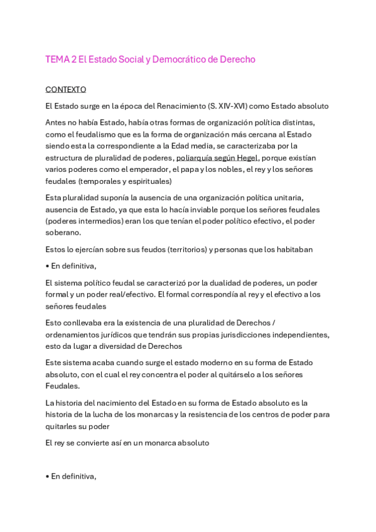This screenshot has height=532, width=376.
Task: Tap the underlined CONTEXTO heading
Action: click(66, 90)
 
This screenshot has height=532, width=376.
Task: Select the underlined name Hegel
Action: click(246, 157)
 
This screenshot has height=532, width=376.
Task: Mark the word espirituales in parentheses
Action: click(147, 181)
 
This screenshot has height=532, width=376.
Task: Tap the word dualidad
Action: click(228, 282)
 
